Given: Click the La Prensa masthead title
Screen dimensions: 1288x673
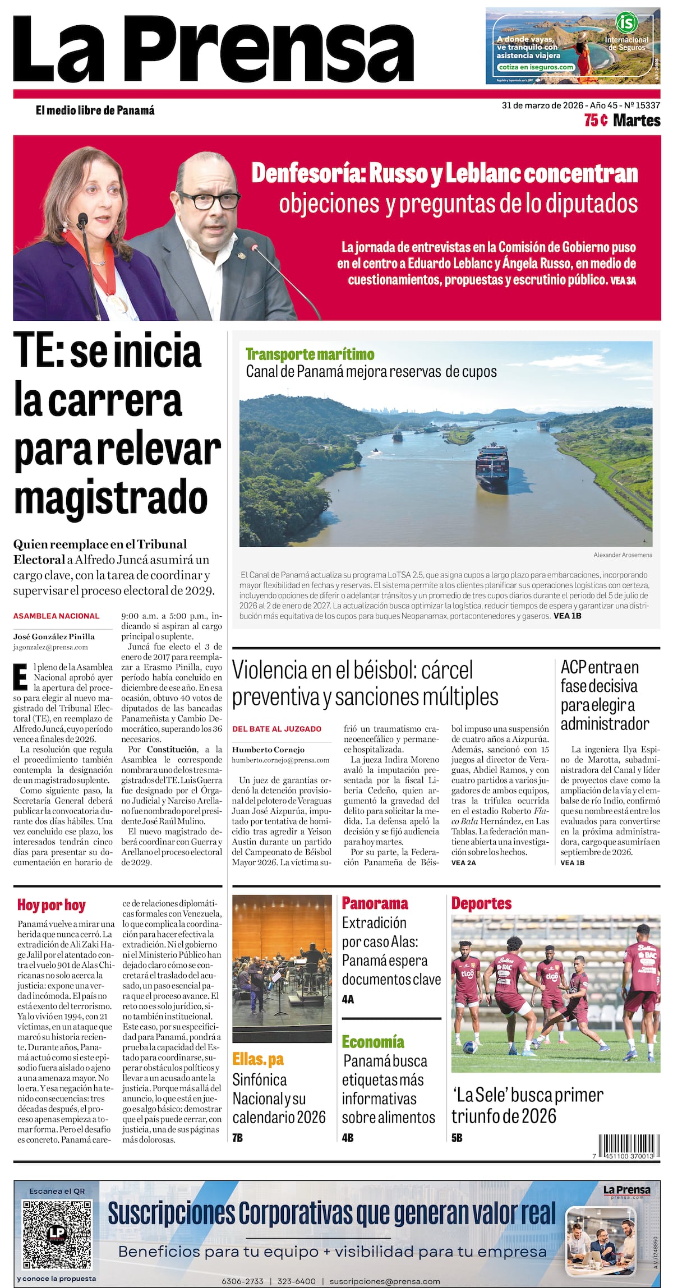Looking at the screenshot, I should coord(213,49).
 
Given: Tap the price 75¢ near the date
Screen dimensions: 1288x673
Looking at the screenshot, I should coord(596,121).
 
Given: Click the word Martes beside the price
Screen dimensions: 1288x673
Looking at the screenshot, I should coord(637,121).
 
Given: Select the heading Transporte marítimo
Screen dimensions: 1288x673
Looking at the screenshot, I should coord(310,354).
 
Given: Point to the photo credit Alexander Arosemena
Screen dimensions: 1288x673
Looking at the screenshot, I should coord(623,555).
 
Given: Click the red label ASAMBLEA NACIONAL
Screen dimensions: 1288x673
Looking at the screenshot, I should coord(56,616).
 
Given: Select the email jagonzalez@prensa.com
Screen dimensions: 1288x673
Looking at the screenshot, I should coord(50,647).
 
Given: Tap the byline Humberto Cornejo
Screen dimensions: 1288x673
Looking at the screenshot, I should coord(268,749).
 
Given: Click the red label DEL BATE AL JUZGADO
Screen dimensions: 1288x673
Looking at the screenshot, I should coord(276,729).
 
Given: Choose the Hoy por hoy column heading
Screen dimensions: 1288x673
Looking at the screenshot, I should coord(51,905).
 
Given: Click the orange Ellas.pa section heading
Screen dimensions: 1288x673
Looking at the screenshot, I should coord(258,1059).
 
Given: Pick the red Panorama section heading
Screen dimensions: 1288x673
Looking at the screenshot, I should coord(375,903).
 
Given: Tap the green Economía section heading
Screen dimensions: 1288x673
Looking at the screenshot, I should coord(373,1042).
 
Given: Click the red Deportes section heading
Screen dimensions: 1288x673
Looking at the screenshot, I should coord(481,903).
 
